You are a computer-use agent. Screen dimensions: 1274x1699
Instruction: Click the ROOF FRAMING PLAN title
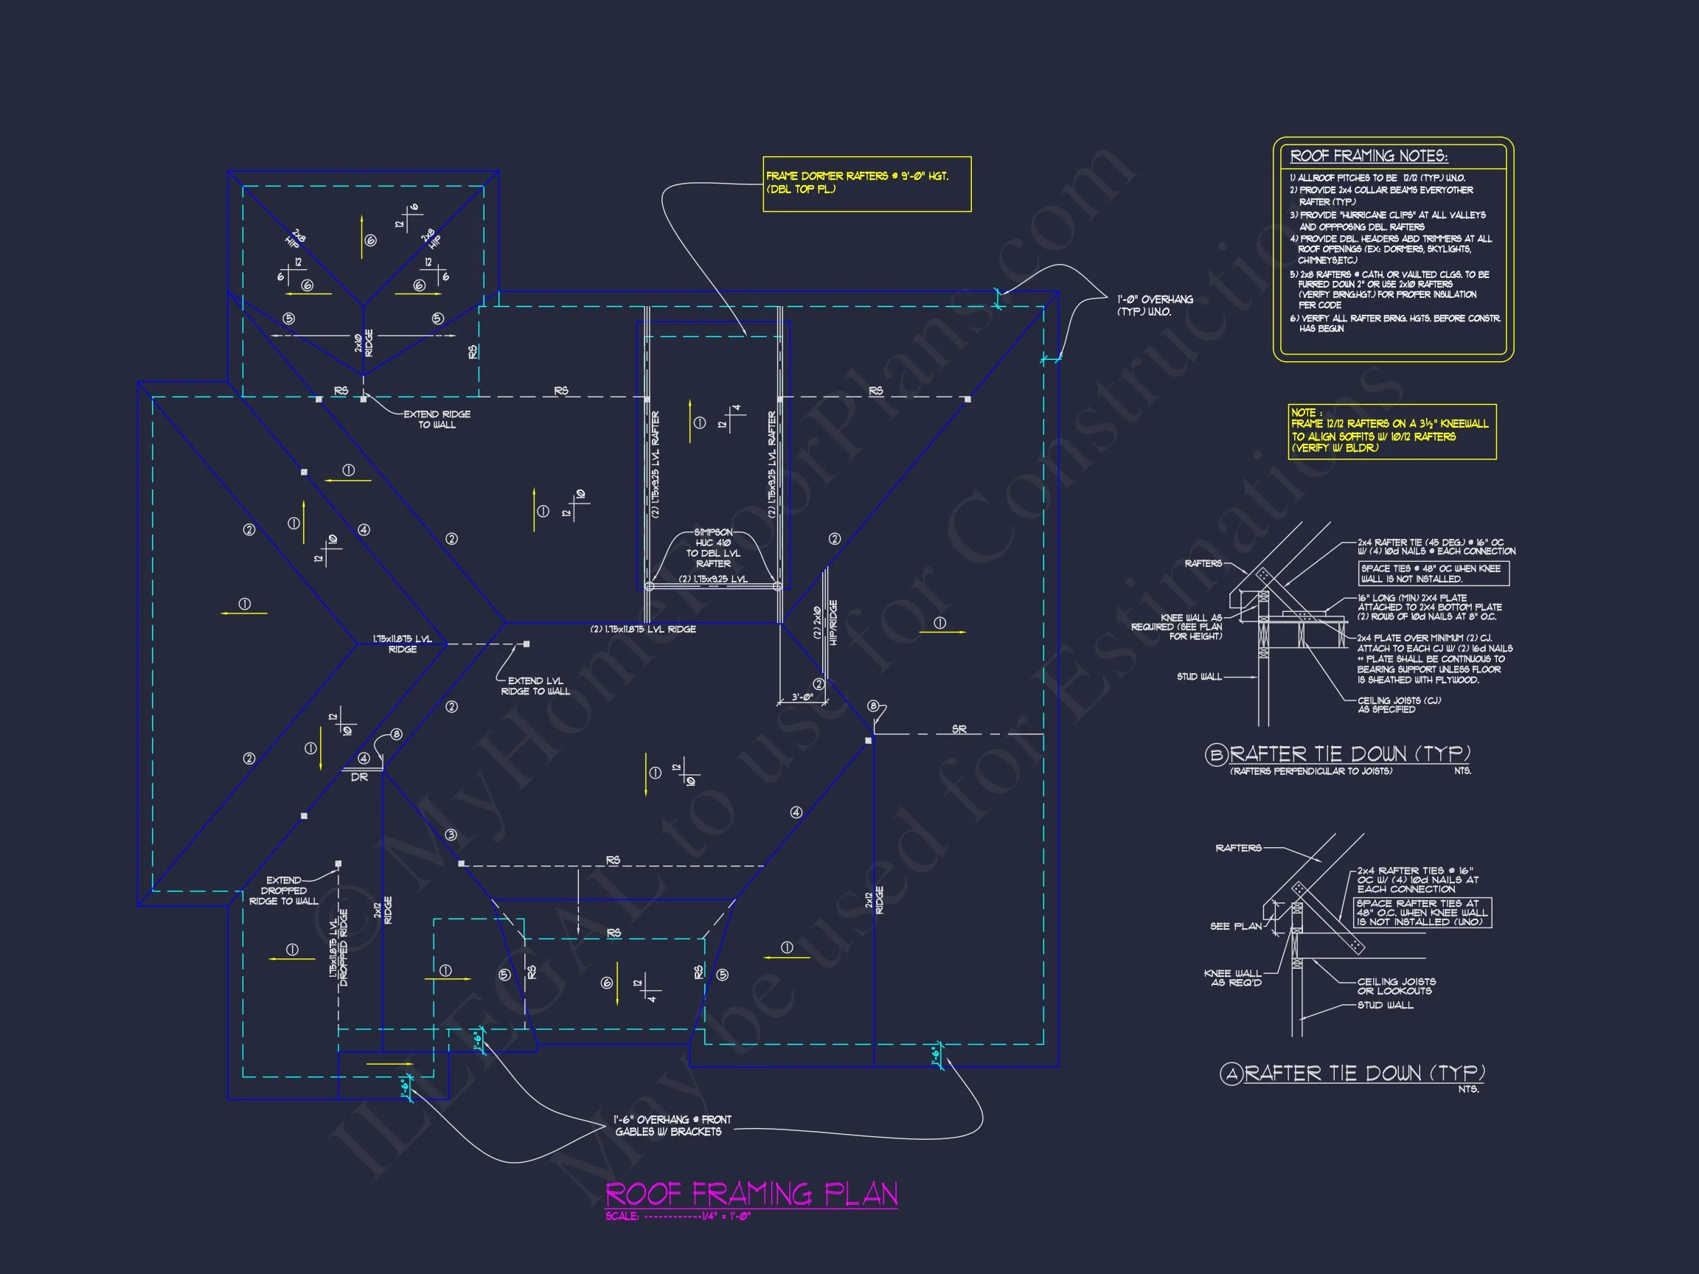[751, 1194]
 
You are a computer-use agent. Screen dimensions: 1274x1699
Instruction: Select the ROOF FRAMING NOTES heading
[1369, 156]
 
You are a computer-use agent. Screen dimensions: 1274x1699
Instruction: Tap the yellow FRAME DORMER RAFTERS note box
[866, 184]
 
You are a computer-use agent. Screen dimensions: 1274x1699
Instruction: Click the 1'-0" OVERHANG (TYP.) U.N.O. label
[1155, 305]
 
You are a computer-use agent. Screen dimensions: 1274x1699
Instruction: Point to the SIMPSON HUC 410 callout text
[713, 548]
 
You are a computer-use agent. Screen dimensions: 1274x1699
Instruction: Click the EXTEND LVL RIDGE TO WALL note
[535, 686]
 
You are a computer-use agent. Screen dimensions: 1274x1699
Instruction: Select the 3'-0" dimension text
[802, 697]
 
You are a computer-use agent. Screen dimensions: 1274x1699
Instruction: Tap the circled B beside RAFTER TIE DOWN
[1215, 755]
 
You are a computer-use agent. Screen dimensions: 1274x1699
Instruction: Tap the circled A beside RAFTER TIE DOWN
[1231, 1073]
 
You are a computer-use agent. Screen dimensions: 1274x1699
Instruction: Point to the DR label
[359, 777]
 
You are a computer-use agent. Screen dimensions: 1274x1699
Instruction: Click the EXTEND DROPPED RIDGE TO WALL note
[283, 891]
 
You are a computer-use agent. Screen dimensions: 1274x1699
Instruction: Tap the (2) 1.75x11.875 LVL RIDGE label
[643, 629]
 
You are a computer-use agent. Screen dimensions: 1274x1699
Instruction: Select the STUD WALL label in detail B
[1199, 677]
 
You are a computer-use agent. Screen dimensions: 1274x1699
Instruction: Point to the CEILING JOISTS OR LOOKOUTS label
[1396, 986]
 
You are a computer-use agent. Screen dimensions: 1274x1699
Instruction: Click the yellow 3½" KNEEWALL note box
[1391, 431]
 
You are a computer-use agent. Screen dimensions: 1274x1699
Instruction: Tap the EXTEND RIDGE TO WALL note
[437, 420]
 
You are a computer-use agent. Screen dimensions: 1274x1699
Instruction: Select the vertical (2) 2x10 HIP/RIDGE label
[826, 622]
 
